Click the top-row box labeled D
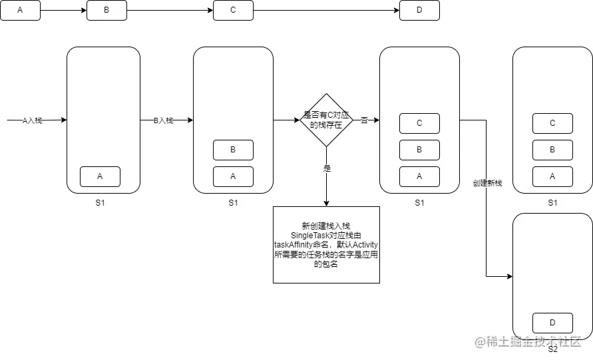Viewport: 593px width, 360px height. pos(419,11)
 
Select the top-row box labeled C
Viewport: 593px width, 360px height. pos(233,11)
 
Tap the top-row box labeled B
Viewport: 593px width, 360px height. pos(106,11)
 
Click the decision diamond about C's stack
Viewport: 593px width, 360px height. pos(326,120)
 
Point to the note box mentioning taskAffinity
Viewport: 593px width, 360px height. pos(326,245)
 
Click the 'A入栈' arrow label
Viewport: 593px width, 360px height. pos(32,120)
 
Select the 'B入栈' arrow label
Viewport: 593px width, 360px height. pos(163,120)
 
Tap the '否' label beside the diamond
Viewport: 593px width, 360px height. pos(364,120)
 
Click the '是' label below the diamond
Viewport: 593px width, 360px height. pos(327,168)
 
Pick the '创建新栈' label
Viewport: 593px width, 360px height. pos(487,183)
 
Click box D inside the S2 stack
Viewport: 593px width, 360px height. pos(552,323)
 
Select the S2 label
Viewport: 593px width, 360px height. pos(552,349)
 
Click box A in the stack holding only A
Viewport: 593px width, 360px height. pos(100,176)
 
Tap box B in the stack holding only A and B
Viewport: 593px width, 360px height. pos(233,150)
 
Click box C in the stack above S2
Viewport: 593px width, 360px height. pos(552,123)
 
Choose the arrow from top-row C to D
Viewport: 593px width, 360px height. pos(326,11)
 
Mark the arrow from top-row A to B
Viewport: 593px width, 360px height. pos(63,11)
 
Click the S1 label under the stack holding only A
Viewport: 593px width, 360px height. pos(100,203)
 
